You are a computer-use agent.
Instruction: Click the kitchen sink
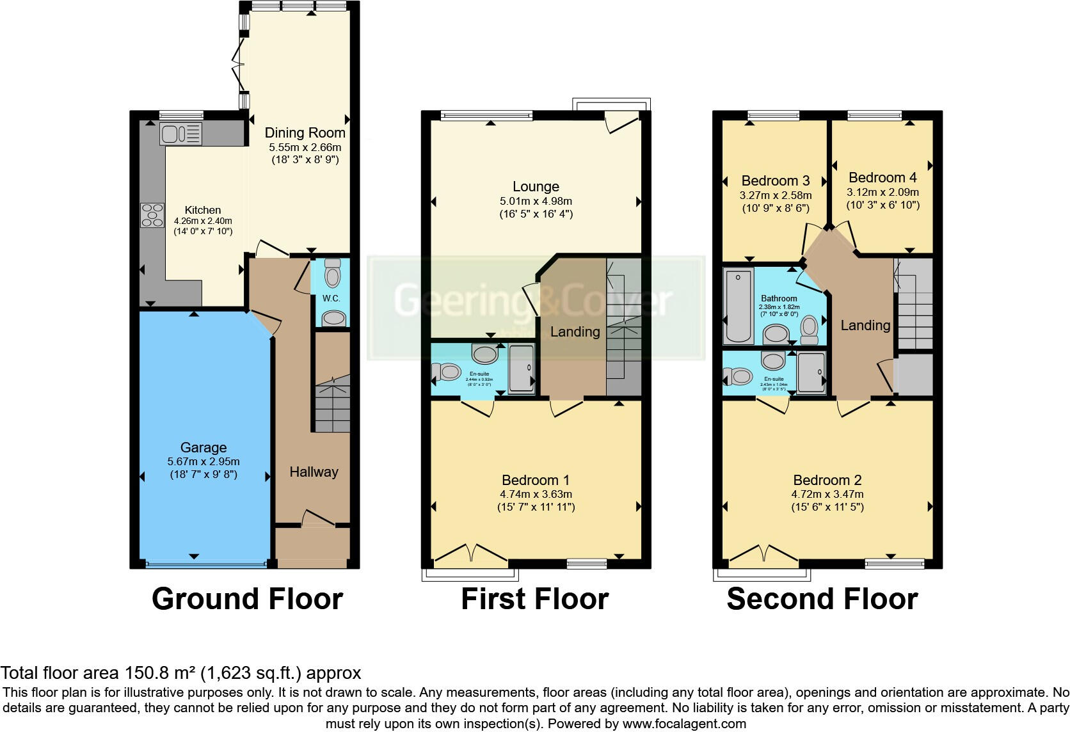coord(180,134)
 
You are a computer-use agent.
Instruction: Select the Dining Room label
coord(305,133)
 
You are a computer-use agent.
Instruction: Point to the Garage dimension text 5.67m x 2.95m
coord(204,461)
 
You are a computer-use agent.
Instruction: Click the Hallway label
coord(314,472)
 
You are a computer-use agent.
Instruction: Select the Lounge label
coord(536,187)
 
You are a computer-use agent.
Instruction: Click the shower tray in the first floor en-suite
coord(522,368)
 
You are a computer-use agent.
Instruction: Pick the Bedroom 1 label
coord(536,480)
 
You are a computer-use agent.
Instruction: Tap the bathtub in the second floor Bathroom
coord(739,306)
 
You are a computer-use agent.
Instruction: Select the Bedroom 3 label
coord(776,181)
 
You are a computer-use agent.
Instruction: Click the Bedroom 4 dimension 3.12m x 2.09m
coord(882,192)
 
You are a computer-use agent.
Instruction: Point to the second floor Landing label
coord(865,326)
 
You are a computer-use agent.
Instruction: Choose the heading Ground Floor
coord(247,600)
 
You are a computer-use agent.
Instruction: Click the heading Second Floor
coord(822,600)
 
